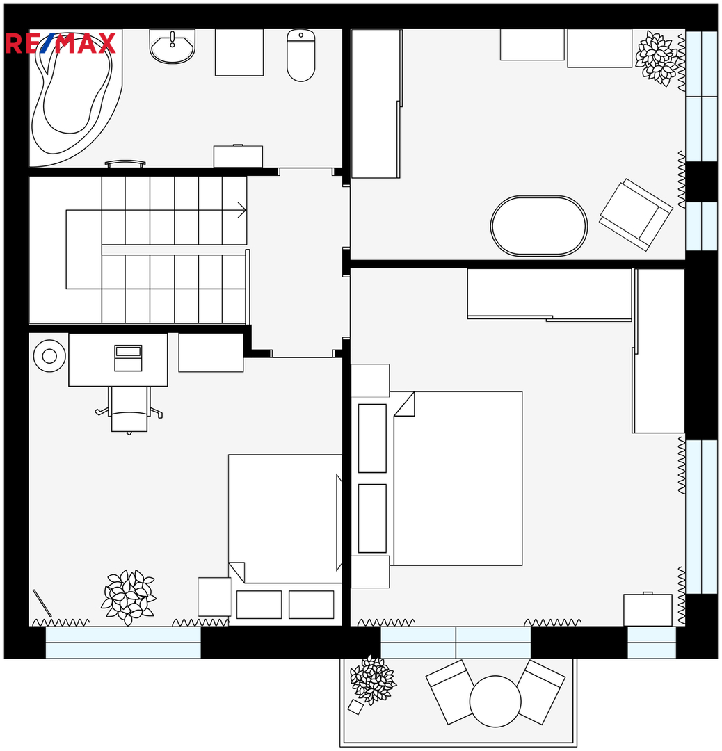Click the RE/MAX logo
61,43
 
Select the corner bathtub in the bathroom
72,96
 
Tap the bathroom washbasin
172,46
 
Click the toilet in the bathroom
301,55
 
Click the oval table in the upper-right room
538,225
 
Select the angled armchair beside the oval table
636,215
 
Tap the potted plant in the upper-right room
657,58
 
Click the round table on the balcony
495,701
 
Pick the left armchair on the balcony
449,692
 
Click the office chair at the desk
129,410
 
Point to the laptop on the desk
129,358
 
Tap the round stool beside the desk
49,356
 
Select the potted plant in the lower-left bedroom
129,597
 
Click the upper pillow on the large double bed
372,438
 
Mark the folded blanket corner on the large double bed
404,404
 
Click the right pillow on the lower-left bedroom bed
312,604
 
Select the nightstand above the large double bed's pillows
370,381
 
